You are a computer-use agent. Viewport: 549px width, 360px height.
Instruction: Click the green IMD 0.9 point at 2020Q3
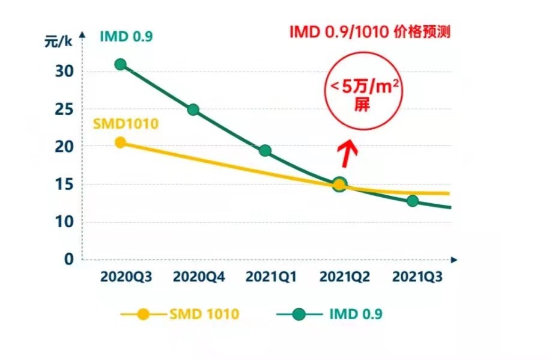(x=120, y=64)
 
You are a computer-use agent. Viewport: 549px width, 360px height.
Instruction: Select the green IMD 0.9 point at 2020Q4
(x=193, y=109)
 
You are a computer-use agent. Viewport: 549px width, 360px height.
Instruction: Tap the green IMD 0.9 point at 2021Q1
(x=265, y=150)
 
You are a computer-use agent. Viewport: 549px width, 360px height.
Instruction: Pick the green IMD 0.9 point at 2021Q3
(x=412, y=201)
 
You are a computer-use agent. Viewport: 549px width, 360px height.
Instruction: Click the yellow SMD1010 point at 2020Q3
(x=120, y=142)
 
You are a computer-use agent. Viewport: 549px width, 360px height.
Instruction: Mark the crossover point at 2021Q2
(x=339, y=185)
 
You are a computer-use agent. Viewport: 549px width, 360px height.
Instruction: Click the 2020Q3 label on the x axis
(x=126, y=277)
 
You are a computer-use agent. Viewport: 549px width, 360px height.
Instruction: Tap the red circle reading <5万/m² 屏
(x=363, y=93)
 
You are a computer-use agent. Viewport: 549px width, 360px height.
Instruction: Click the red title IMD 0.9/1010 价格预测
(x=369, y=32)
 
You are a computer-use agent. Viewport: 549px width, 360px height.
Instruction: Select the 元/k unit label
(x=58, y=41)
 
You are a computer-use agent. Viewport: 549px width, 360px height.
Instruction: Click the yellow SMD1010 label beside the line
(x=125, y=124)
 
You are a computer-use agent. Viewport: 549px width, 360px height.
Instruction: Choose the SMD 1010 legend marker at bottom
(x=143, y=314)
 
